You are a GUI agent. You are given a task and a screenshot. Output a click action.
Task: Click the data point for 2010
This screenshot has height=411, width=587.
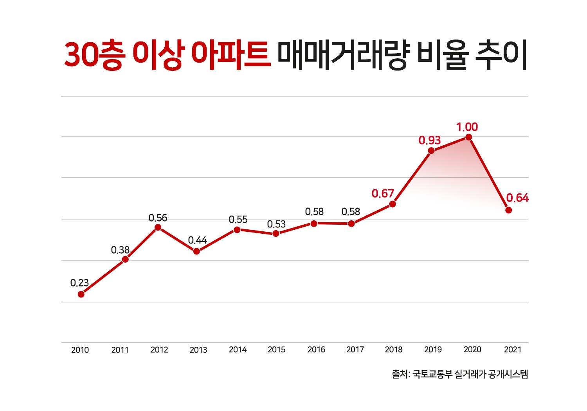pyautogui.click(x=81, y=294)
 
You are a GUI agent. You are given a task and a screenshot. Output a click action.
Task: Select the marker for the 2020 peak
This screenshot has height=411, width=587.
pyautogui.click(x=468, y=137)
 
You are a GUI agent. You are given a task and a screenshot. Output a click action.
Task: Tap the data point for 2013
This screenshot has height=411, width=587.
pyautogui.click(x=196, y=251)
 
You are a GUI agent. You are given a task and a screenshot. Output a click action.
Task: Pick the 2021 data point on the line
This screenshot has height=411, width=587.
pyautogui.click(x=509, y=210)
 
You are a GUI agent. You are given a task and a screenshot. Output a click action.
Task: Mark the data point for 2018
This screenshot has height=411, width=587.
pyautogui.click(x=393, y=204)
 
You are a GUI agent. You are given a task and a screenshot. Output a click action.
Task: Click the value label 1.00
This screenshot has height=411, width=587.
pyautogui.click(x=467, y=127)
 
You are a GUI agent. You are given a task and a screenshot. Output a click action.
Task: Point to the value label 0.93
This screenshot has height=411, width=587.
pyautogui.click(x=429, y=140)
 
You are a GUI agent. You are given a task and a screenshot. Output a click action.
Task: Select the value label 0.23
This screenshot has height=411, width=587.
pyautogui.click(x=79, y=283)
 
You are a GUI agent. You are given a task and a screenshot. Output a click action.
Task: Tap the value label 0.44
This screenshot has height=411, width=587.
pyautogui.click(x=197, y=240)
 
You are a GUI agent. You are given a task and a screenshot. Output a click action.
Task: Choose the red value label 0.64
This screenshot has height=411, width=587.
pyautogui.click(x=517, y=198)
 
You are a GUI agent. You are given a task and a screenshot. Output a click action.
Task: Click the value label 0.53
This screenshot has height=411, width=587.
pyautogui.click(x=276, y=224)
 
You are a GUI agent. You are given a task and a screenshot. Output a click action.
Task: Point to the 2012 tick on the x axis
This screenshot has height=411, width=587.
pyautogui.click(x=159, y=350)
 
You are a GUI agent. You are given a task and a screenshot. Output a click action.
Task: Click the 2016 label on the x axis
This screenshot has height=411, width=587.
pyautogui.click(x=316, y=350)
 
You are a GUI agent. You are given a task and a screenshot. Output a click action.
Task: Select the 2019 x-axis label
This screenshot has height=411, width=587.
pyautogui.click(x=433, y=350)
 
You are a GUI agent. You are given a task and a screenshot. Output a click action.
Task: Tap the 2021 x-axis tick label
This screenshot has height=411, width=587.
pyautogui.click(x=513, y=350)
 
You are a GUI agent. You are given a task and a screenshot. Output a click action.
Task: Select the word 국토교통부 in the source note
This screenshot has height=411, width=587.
pyautogui.click(x=432, y=374)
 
